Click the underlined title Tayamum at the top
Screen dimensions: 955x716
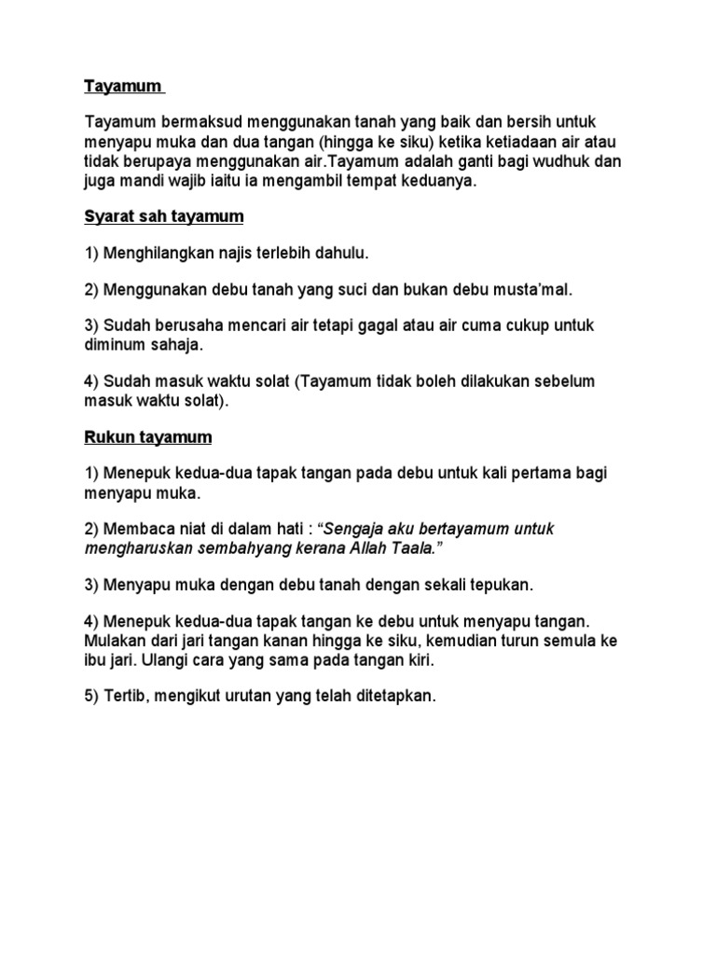pyautogui.click(x=123, y=88)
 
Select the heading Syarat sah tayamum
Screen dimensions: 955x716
pyautogui.click(x=164, y=216)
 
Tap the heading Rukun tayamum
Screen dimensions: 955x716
pyautogui.click(x=148, y=436)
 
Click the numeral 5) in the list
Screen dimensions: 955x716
pyautogui.click(x=91, y=697)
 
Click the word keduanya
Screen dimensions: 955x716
pyautogui.click(x=441, y=181)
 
